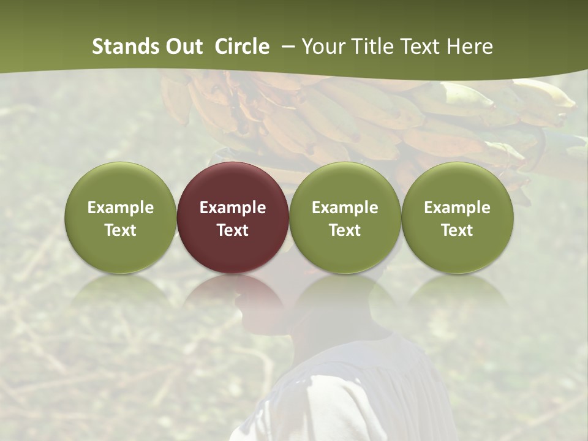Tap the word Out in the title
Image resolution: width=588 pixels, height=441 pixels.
[x=184, y=47]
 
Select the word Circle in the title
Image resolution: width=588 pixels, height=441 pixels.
[x=242, y=47]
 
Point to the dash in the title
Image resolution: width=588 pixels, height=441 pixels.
[x=285, y=47]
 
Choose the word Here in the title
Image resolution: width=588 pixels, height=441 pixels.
[x=469, y=47]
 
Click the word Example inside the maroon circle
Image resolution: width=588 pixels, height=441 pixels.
[x=233, y=208]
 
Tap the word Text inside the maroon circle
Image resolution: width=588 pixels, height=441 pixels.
[x=233, y=230]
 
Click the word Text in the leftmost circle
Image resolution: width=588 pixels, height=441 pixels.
[x=120, y=230]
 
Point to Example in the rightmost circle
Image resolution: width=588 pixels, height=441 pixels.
[x=457, y=208]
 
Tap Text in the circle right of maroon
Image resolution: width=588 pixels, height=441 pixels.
[x=345, y=230]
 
